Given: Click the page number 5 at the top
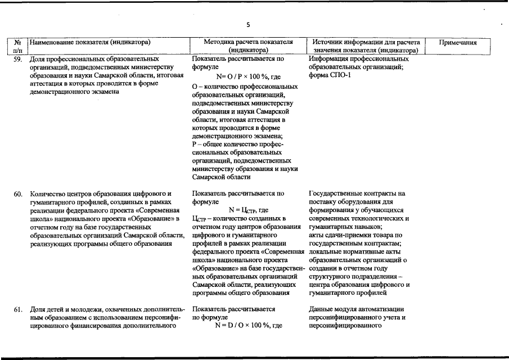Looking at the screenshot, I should coord(247,24).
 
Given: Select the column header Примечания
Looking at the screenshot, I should coord(458,42).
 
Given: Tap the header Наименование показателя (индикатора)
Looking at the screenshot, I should coord(91,42).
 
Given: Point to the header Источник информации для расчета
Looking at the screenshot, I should coord(366,42).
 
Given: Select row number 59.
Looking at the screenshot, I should coord(18,59).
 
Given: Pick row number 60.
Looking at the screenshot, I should coord(18,193).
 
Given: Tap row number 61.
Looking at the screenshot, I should coord(18,309).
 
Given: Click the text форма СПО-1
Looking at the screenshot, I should coord(330,75).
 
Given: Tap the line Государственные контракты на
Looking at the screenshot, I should coord(357,193).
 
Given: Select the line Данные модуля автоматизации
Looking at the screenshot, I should coord(357,309).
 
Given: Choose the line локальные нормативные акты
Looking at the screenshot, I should coord(358,251).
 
